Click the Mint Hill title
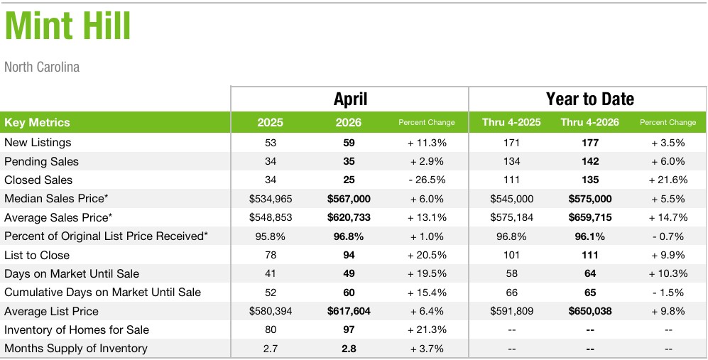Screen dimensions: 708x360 point(67,26)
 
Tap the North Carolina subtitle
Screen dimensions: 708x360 point(42,67)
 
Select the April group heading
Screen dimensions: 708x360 point(350,99)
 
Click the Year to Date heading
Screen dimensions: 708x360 point(589,99)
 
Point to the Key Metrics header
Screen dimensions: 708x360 point(37,122)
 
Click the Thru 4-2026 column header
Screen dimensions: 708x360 point(589,122)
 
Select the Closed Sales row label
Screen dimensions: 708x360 point(38,180)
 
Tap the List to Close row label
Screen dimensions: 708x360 point(37,255)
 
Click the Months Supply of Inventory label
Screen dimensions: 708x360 point(76,348)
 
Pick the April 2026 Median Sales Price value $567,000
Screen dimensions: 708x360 point(349,199)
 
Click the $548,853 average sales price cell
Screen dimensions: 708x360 point(271,218)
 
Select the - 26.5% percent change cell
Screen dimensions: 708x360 point(427,180)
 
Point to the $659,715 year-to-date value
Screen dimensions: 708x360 point(590,218)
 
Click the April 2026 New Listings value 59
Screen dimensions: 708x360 point(349,143)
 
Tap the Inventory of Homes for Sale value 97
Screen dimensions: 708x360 point(349,329)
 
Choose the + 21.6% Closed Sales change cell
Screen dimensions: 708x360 point(668,180)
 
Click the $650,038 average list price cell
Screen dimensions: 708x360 point(590,311)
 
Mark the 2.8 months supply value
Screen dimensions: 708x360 point(349,348)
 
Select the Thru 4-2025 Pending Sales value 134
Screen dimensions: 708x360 point(511,161)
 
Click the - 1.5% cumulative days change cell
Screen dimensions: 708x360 point(668,293)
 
